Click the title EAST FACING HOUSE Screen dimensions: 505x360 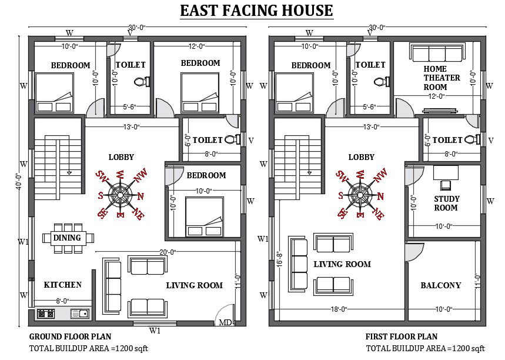(x=256, y=11)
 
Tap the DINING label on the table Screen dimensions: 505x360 (x=67, y=238)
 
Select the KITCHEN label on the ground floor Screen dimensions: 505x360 (x=63, y=285)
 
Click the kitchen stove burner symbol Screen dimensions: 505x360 (x=46, y=314)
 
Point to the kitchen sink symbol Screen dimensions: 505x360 (x=79, y=314)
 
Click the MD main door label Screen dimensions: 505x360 (x=225, y=322)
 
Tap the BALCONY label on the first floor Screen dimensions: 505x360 (x=441, y=285)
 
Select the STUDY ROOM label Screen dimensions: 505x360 (x=446, y=203)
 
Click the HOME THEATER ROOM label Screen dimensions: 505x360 (x=442, y=78)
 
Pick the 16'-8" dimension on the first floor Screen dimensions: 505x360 (x=280, y=259)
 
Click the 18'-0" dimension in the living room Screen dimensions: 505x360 (x=339, y=309)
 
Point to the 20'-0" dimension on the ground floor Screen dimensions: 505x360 (x=168, y=252)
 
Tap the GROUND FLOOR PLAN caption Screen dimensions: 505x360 (x=70, y=337)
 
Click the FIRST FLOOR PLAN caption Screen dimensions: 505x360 (x=402, y=337)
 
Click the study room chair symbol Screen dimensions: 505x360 (x=446, y=185)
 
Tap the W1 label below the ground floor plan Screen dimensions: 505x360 (x=155, y=331)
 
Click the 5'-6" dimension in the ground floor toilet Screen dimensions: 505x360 (x=130, y=106)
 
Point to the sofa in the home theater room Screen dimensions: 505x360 (x=437, y=52)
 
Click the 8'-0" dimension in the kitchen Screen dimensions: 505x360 (x=62, y=301)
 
